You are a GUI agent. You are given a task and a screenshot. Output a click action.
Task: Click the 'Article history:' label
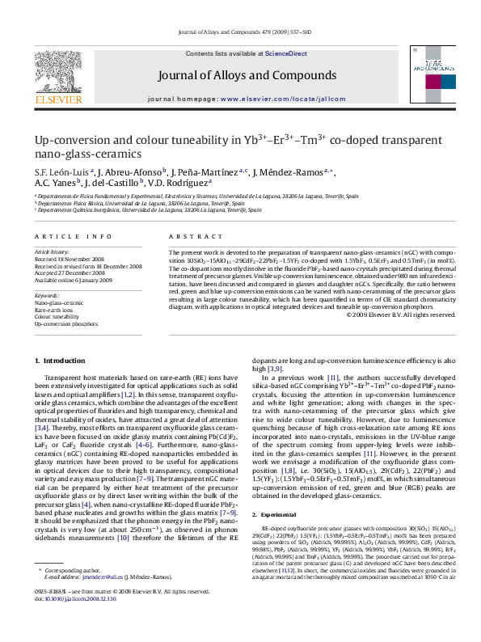point(52,252)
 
